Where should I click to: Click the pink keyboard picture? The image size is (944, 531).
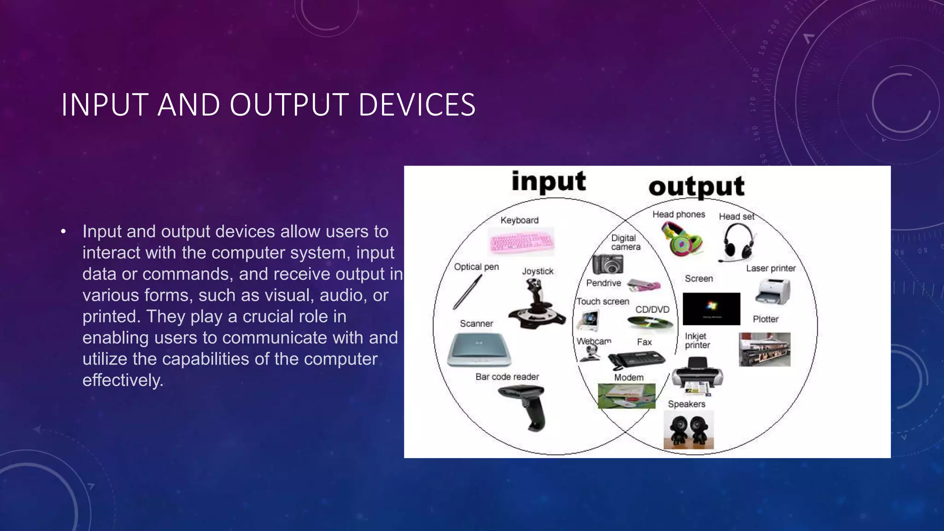coord(521,242)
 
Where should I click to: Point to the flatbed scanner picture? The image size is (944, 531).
coord(479,349)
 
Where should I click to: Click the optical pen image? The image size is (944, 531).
coord(467,292)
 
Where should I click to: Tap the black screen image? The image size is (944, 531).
coord(711,308)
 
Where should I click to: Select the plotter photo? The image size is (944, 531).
coord(764,349)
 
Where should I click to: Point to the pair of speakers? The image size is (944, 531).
coord(688,429)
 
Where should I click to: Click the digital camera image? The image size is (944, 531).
coord(608,265)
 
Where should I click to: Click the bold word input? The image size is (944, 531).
coord(549,181)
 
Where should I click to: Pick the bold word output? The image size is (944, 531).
coord(696,187)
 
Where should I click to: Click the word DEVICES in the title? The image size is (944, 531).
coord(417,105)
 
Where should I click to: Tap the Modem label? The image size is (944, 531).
coord(629,378)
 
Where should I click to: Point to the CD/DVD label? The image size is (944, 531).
coord(652,309)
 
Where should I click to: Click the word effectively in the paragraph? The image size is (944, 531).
coord(123,380)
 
